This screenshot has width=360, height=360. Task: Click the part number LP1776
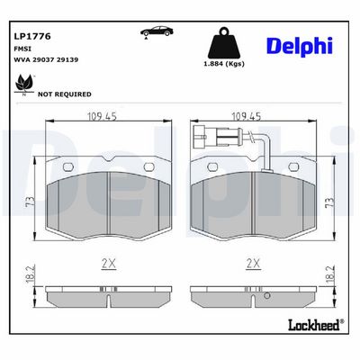point(32,36)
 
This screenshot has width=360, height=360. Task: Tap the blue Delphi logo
point(300,47)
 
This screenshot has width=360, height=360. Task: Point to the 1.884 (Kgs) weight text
point(224,64)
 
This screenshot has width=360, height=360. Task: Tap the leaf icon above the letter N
point(24,83)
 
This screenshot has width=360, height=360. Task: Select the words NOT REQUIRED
point(65,94)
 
